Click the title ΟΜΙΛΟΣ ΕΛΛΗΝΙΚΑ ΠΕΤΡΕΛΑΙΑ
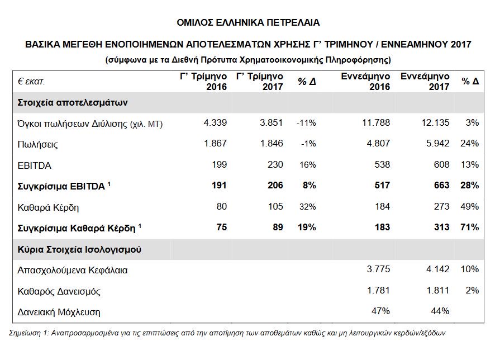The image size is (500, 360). point(249,23)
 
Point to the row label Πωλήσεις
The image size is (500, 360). point(38,144)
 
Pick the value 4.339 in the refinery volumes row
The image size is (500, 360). point(215,123)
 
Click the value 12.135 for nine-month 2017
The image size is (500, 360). point(436,123)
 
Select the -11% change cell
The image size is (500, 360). point(306,123)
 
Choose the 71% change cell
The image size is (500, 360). point(470,228)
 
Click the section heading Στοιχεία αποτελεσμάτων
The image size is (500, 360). point(73,103)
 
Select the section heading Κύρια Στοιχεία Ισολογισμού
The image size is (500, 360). point(79,249)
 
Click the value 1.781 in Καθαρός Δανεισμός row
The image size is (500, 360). point(378,291)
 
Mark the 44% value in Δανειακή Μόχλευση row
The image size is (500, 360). point(440,311)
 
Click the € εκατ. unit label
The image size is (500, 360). point(31,82)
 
